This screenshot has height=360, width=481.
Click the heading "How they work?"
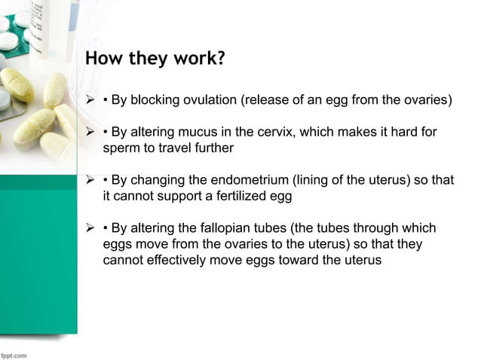click(x=155, y=59)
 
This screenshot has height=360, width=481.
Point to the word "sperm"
click(x=120, y=148)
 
